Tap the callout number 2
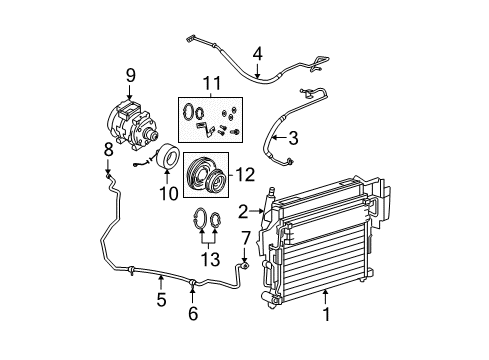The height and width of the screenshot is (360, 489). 243,211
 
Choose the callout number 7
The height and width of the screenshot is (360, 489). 245,237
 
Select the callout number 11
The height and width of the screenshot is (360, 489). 211,83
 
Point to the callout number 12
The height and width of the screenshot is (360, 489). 244,174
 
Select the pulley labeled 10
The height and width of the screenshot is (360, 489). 166,157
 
